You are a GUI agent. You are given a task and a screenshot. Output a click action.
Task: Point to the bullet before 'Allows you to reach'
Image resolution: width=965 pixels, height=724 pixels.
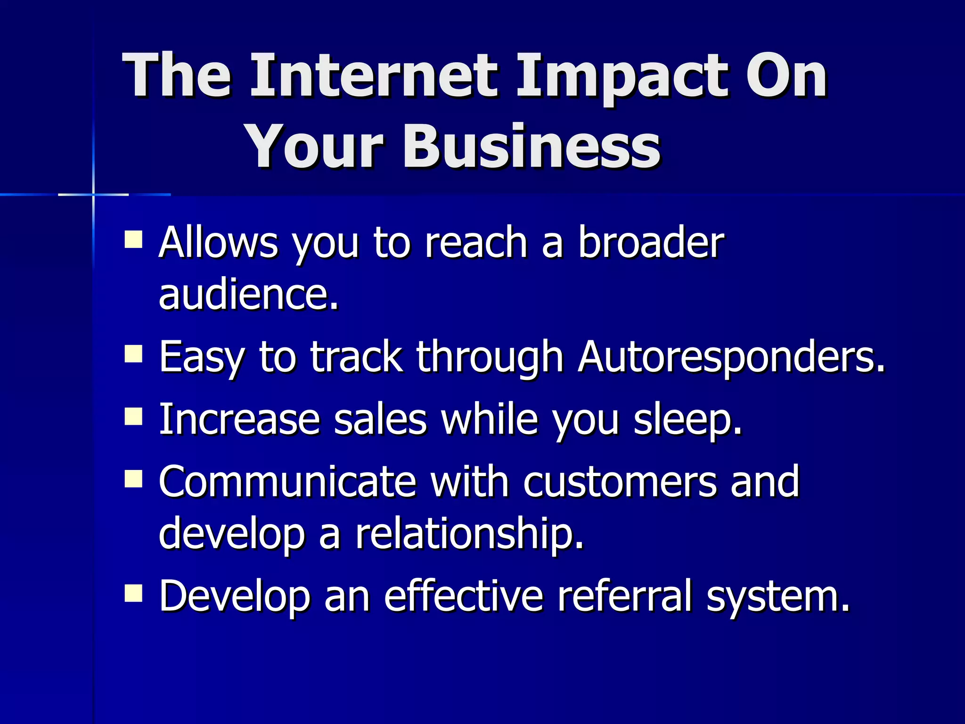134,239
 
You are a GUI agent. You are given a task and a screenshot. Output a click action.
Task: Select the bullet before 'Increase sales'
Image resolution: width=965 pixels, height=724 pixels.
134,417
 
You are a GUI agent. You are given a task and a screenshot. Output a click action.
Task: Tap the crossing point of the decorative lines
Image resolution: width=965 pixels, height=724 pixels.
93,194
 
